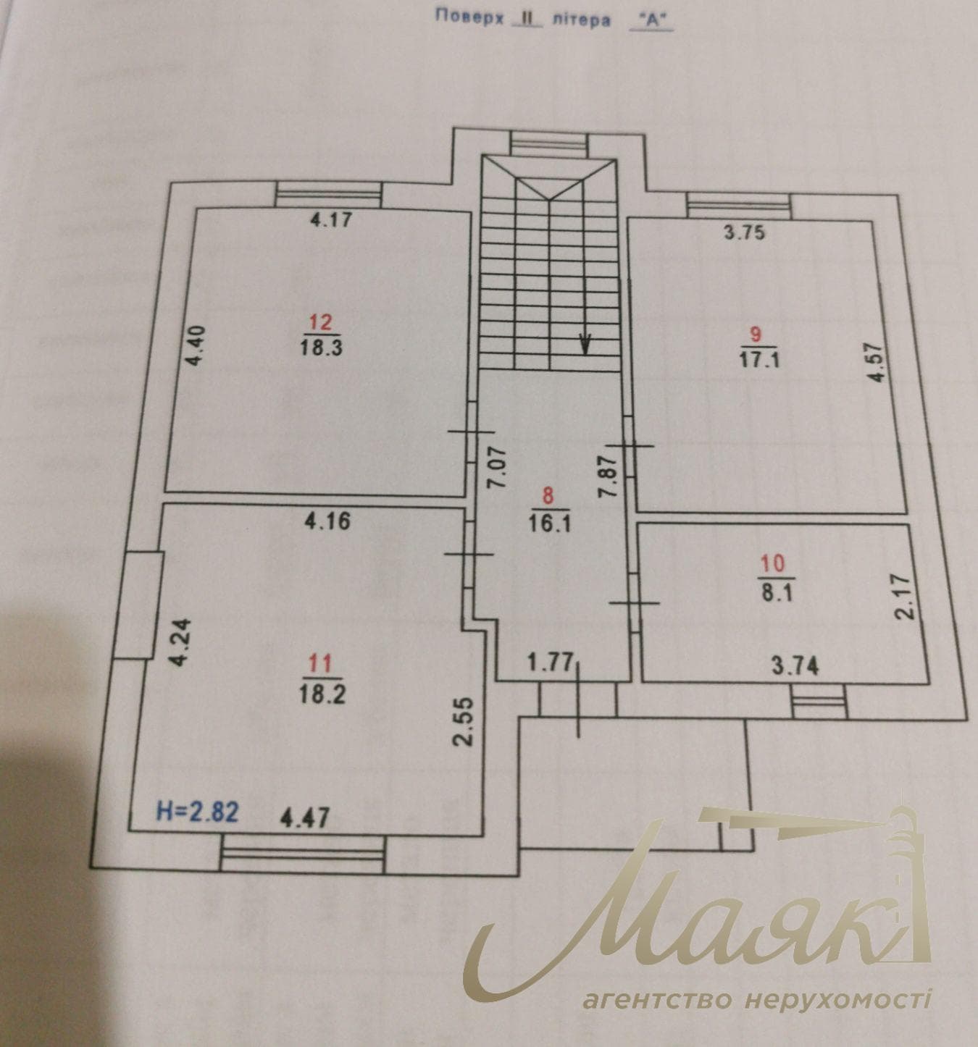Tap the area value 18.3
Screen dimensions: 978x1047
coord(321,348)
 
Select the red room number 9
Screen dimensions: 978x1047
coord(756,335)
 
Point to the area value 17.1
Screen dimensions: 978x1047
coord(759,361)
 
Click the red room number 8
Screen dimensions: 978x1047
coord(548,496)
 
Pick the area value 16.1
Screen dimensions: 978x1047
coord(550,523)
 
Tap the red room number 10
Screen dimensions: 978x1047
coord(773,565)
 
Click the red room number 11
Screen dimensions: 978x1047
coord(320,664)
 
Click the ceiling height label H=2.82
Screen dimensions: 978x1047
coord(198,812)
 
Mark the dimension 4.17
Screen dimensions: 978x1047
coord(331,219)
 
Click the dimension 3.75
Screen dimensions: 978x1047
coord(744,232)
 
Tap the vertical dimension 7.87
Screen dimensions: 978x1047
coord(609,476)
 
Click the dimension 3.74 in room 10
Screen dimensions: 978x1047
coord(795,668)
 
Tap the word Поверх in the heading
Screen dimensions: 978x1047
coord(469,16)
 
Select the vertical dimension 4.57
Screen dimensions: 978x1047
coord(876,363)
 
